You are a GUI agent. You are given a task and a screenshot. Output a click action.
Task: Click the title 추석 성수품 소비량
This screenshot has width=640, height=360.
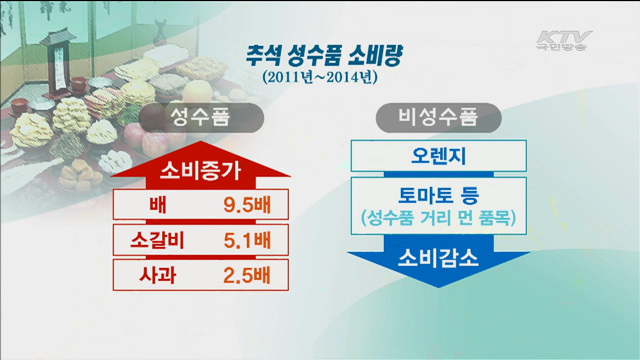click(x=319, y=53)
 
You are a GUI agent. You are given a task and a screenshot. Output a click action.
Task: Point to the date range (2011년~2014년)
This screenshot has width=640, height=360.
click(x=319, y=75)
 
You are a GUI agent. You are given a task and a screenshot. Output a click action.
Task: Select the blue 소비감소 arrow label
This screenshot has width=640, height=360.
click(x=438, y=257)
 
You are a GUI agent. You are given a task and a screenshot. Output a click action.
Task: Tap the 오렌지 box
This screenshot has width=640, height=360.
click(x=438, y=156)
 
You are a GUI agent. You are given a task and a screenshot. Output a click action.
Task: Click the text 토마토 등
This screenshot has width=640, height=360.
click(x=438, y=193)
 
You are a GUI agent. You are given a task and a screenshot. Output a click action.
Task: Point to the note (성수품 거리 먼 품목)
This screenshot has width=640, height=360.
click(x=438, y=215)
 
